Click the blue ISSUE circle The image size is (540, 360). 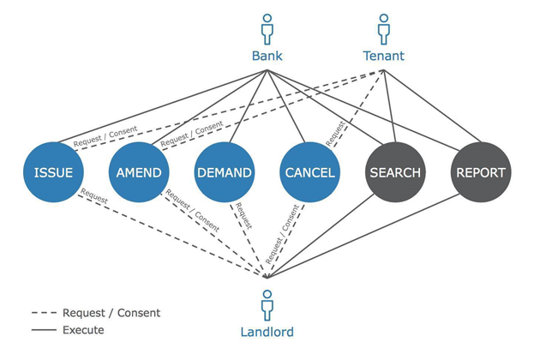click(54, 172)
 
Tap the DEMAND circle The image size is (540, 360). click(225, 172)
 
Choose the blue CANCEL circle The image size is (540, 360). click(309, 172)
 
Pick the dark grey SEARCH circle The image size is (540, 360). click(395, 172)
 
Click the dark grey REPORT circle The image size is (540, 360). click(480, 172)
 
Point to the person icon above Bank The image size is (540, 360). click(267, 28)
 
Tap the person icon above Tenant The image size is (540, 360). click(383, 28)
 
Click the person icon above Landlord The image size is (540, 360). click(267, 304)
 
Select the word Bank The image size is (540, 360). click(267, 57)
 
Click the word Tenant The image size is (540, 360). click(383, 57)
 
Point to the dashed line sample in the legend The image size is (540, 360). click(43, 313)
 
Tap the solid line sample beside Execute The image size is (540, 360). click(43, 329)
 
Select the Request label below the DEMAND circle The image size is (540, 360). click(243, 214)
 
